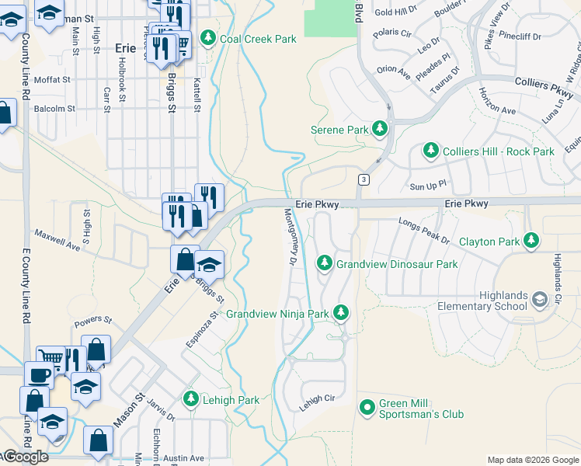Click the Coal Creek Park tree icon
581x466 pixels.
208,37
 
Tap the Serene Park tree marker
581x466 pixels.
380,128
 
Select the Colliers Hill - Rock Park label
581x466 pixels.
497,151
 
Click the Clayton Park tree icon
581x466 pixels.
531,241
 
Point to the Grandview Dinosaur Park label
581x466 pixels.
396,264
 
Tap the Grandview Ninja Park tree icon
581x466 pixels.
340,313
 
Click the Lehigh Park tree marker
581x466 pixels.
190,399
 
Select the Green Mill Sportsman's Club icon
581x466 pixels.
368,407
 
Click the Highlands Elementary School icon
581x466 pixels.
540,297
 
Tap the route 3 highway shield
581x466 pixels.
363,180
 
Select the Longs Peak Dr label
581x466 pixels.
424,226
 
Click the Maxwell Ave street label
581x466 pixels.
57,239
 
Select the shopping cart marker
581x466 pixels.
50,358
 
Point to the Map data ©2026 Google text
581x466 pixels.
532,460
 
